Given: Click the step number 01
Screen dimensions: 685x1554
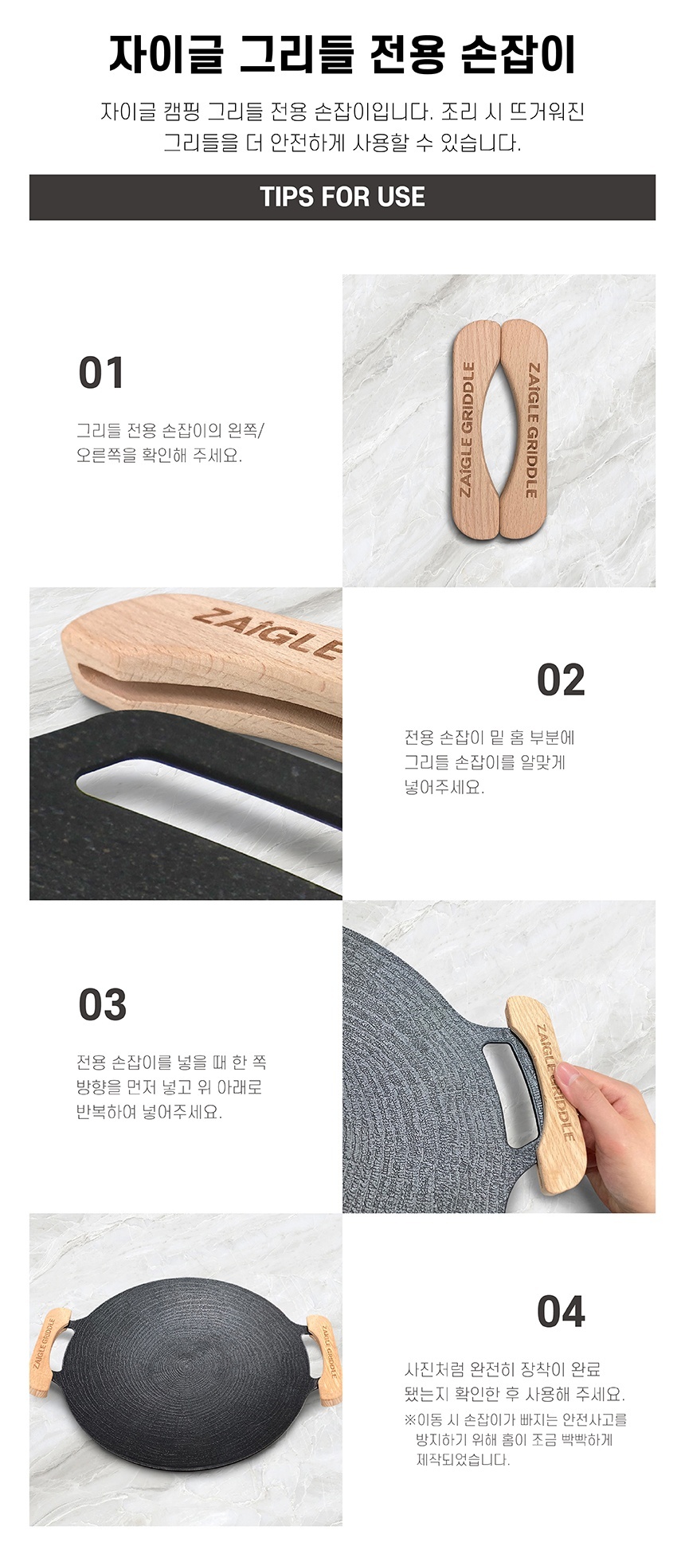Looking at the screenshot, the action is [101, 374].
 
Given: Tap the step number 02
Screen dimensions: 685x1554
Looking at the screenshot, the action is [561, 680].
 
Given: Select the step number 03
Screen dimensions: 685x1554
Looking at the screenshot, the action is [103, 1005].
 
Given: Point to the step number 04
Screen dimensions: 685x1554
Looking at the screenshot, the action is [561, 1312].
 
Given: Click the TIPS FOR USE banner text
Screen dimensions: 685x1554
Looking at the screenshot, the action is [342, 198].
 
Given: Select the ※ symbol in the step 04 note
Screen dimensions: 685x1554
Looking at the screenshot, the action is [410, 1419].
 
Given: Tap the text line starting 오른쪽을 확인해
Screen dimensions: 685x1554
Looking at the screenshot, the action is [159, 456].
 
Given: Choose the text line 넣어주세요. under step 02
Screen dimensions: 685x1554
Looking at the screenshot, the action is [444, 787].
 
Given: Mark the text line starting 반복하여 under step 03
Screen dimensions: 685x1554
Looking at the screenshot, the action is [149, 1112].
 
